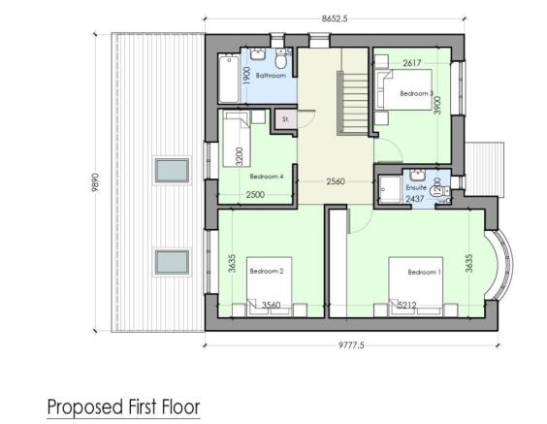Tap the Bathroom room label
pos(271,75)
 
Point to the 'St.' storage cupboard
pos(285,119)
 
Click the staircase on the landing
pos(351,97)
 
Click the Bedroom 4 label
pos(265,177)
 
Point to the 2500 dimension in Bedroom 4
pos(255,195)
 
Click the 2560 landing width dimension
pos(337,180)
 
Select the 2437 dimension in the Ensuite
pos(414,198)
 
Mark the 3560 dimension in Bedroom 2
pos(272,306)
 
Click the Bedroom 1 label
pos(424,272)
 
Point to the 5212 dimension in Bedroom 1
pos(407,306)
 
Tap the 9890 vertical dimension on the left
pos(96,183)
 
